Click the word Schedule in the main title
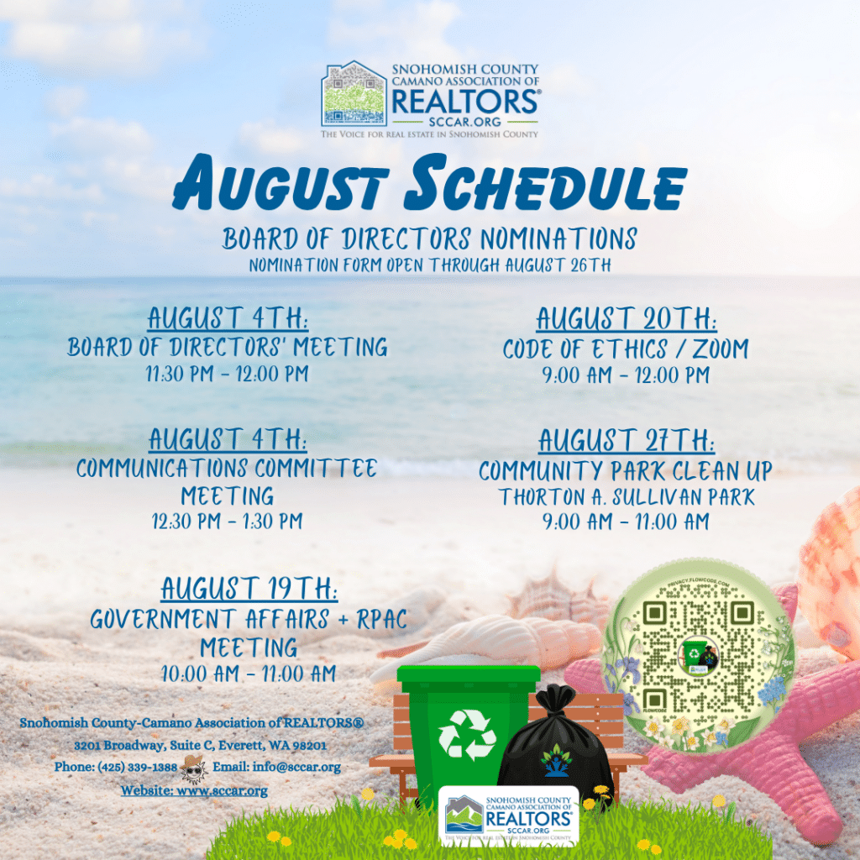[x=545, y=182]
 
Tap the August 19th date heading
[x=249, y=589]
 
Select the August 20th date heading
[x=627, y=318]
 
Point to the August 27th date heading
[x=627, y=440]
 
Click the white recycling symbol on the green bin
[x=467, y=734]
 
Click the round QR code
[x=698, y=656]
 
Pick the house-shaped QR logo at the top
[x=354, y=94]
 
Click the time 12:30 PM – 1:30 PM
[x=227, y=521]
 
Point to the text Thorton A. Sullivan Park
[x=627, y=497]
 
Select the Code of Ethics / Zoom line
[x=626, y=349]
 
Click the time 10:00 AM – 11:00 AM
[x=249, y=674]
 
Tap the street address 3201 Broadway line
[x=200, y=746]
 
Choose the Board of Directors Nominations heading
[x=429, y=239]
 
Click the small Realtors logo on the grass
[x=508, y=815]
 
